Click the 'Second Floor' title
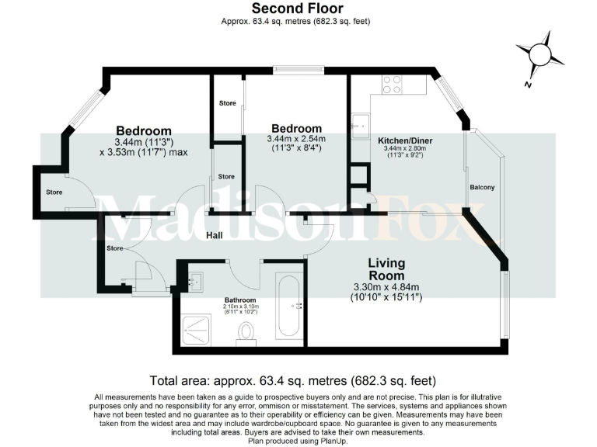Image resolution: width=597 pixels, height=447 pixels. point(299,9)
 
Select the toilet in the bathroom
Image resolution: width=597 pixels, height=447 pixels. point(246,332)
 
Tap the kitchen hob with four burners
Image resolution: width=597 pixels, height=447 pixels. point(393,85)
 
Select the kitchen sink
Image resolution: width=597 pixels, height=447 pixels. point(361,124)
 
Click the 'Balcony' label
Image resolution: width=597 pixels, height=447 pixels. point(482,188)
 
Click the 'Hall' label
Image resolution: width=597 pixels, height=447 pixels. point(216,235)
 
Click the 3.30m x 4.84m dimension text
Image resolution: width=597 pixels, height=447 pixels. point(386,287)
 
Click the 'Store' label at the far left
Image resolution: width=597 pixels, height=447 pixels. point(54,192)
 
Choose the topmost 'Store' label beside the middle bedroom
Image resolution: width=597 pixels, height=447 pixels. point(227,103)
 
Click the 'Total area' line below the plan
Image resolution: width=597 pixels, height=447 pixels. point(292,381)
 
